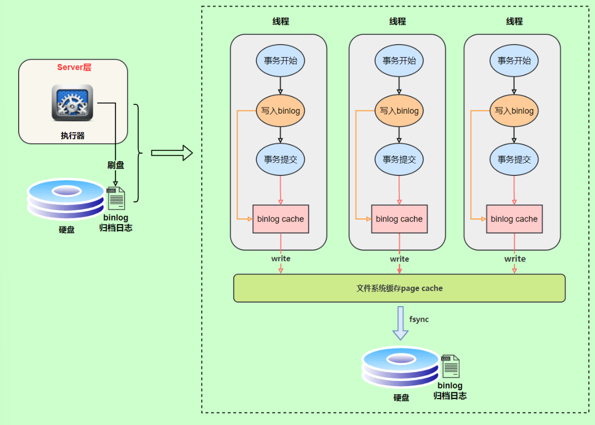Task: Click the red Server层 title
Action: (74, 67)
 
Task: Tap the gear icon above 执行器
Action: (72, 103)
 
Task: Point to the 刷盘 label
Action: (116, 165)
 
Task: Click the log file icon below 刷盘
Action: (116, 198)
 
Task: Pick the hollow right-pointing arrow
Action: (172, 153)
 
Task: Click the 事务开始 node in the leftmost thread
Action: (280, 60)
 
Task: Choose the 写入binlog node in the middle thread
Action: (399, 111)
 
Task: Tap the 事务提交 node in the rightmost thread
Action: (514, 159)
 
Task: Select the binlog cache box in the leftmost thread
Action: (280, 219)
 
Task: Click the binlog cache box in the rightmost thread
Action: (514, 219)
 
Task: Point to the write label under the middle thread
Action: (399, 259)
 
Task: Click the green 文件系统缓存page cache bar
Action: (399, 288)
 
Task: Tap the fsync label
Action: (419, 319)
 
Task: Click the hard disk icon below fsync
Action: (400, 368)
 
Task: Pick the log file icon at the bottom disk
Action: (450, 366)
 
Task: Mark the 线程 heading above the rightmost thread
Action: (514, 22)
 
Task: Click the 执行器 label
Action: (72, 136)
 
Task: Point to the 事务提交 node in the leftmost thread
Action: (280, 159)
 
